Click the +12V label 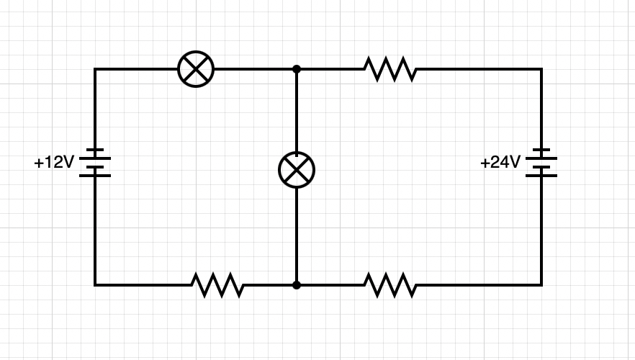[x=54, y=163]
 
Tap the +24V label [x=500, y=163]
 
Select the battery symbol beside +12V [x=94, y=163]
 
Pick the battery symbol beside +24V [x=541, y=163]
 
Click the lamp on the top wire [x=196, y=69]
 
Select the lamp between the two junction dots [x=297, y=170]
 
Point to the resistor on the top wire [x=389, y=69]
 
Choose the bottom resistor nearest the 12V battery [x=217, y=285]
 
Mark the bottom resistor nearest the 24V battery [x=389, y=285]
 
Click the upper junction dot [x=297, y=69]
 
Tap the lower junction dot [x=297, y=285]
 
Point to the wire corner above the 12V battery [x=94, y=69]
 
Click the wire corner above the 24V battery [x=541, y=69]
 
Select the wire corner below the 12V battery [x=94, y=285]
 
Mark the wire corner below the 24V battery [x=541, y=285]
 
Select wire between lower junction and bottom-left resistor [x=269, y=285]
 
